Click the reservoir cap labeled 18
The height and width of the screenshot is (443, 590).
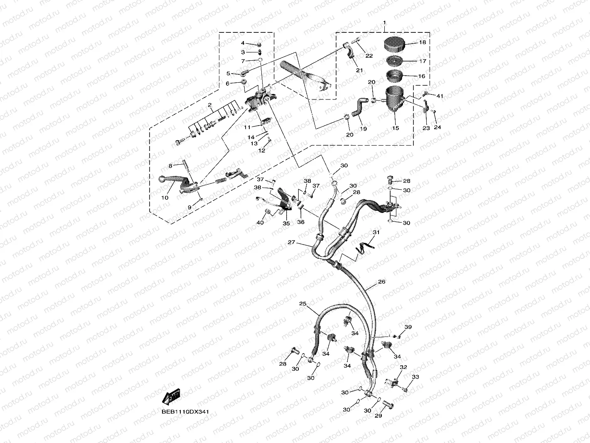click(x=394, y=43)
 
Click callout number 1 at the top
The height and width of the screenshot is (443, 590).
click(x=384, y=22)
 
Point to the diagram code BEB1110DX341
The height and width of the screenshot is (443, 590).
click(x=185, y=412)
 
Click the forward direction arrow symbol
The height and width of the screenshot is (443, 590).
click(x=171, y=397)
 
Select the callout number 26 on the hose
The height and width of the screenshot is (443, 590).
click(x=381, y=282)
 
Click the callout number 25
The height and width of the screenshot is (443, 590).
click(x=302, y=304)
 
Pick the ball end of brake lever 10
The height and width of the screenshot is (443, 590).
click(x=162, y=180)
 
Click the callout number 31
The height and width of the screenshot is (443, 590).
click(x=376, y=232)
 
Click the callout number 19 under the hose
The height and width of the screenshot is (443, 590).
click(x=363, y=129)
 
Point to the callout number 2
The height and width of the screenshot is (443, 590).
click(x=210, y=104)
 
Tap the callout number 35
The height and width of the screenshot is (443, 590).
click(x=286, y=223)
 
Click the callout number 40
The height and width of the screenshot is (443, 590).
click(x=260, y=223)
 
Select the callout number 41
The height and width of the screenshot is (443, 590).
click(x=440, y=96)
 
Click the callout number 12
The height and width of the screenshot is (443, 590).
click(x=261, y=151)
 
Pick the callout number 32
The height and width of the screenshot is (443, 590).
click(x=403, y=367)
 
